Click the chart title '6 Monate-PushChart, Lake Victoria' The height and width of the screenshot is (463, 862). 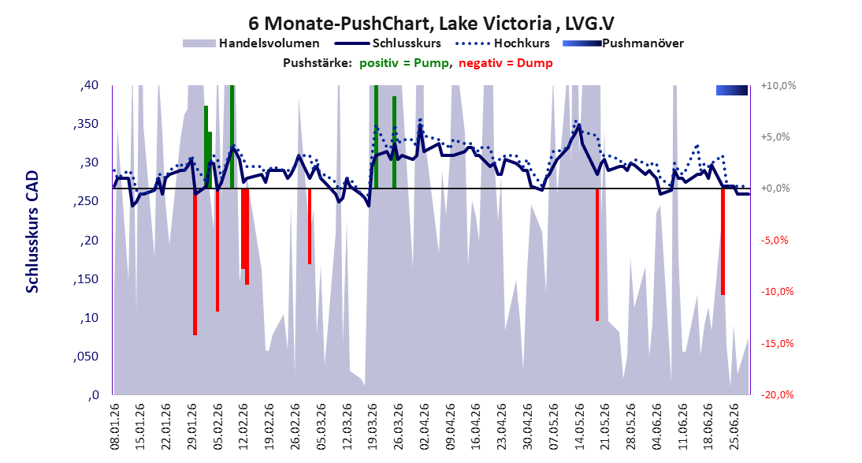tap(399, 23)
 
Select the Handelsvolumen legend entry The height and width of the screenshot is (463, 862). tap(251, 43)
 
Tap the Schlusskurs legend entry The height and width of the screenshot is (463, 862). tap(388, 43)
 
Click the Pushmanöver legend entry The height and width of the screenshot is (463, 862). tap(623, 43)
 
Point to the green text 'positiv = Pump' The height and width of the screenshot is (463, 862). tap(404, 63)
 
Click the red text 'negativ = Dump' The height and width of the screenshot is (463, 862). tap(506, 63)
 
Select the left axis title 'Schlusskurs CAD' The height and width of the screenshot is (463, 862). tap(32, 232)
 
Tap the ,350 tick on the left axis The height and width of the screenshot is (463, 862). tap(86, 124)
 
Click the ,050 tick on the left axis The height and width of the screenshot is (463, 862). tap(86, 357)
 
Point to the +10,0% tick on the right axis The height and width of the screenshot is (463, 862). tap(778, 85)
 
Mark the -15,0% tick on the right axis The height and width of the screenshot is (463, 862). tap(778, 344)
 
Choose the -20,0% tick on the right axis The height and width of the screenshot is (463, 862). tap(778, 394)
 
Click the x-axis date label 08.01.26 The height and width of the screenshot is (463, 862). tap(116, 427)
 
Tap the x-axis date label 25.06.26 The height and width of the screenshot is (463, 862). tap(734, 427)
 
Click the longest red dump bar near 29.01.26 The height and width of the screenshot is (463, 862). tap(195, 262)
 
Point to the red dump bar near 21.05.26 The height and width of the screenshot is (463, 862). tap(597, 254)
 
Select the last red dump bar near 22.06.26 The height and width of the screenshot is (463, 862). tap(723, 241)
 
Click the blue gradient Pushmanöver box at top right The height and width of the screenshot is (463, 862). tap(732, 90)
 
